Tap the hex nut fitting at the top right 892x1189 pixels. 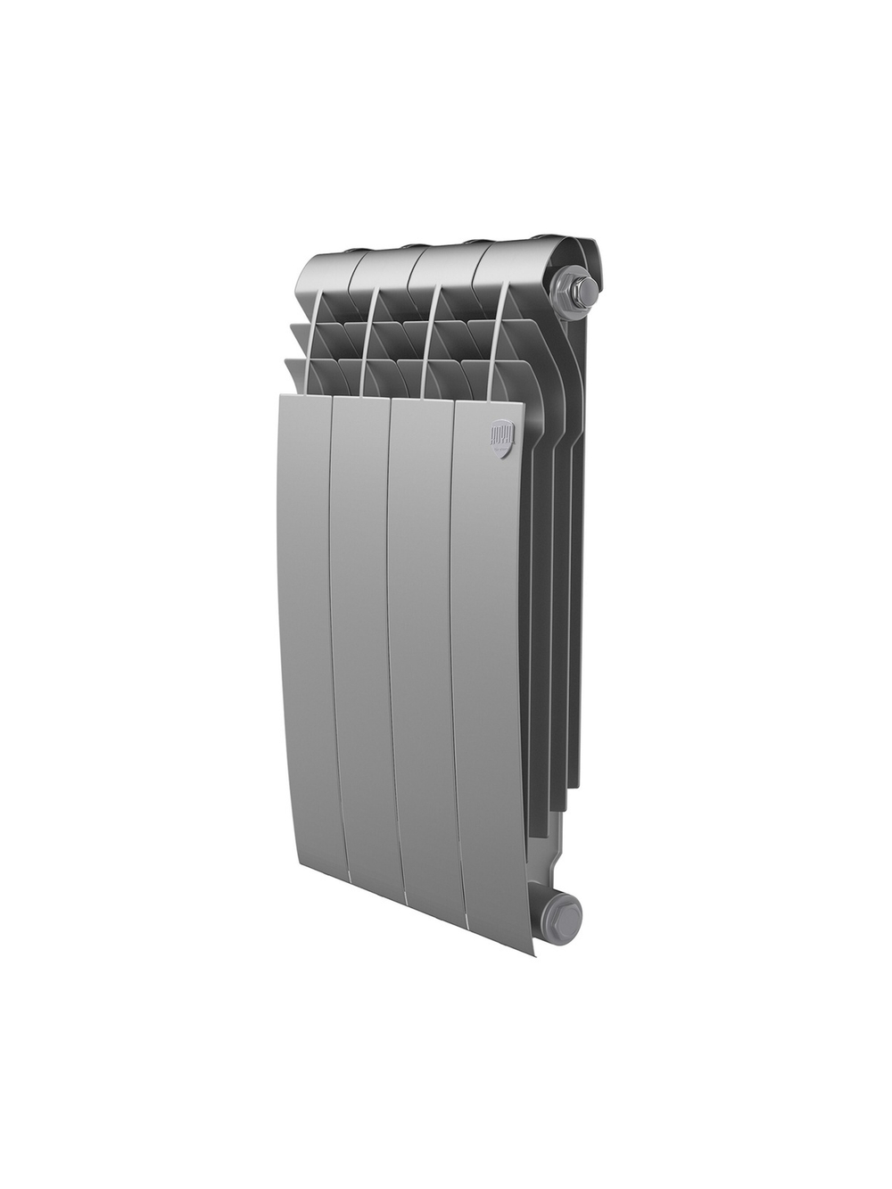coord(574,291)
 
